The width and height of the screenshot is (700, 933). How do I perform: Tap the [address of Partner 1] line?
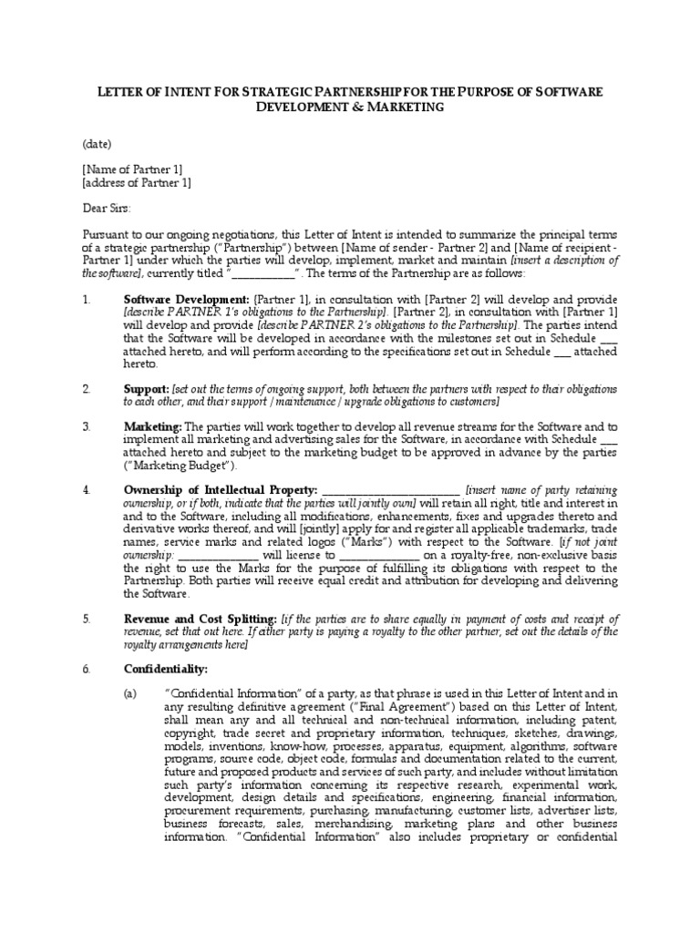tap(137, 181)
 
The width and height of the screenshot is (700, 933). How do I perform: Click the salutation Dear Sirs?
tap(107, 208)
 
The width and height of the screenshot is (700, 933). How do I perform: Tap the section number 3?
tap(87, 426)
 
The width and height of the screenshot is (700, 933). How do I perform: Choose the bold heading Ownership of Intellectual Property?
tap(220, 489)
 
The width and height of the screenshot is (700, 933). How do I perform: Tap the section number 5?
tap(87, 618)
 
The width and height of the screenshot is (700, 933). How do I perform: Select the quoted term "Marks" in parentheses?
tap(337, 540)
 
